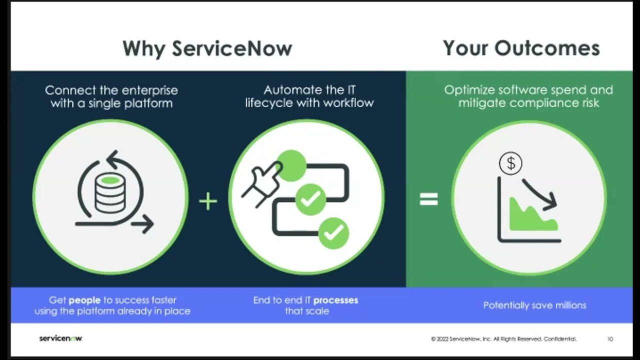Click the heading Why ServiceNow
point(207,48)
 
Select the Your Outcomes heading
point(521,48)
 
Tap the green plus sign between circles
point(208,201)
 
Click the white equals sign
point(428,199)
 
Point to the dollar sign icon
point(510,163)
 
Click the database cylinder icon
point(110,192)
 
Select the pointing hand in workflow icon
point(261,182)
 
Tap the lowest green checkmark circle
point(333,232)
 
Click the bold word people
point(84,300)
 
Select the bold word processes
point(335,300)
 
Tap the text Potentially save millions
point(534,305)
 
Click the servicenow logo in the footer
point(60,338)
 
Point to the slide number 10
point(610,339)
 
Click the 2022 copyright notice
point(503,339)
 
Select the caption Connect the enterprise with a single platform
point(111,96)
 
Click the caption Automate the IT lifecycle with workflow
point(309,96)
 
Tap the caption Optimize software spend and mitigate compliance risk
point(528,96)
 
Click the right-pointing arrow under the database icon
point(142,224)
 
